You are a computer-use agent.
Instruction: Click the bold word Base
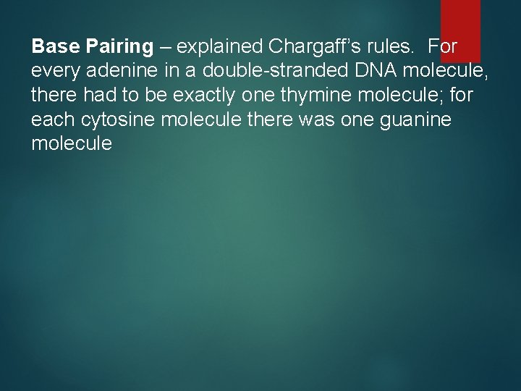pos(56,47)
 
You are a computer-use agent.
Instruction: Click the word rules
pos(393,47)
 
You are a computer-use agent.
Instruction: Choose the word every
pos(56,72)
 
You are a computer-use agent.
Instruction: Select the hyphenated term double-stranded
pos(271,71)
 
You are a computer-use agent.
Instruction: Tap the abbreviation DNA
pos(373,71)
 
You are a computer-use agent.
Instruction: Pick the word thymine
pos(305,96)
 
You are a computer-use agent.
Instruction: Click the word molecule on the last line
pos(72,143)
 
